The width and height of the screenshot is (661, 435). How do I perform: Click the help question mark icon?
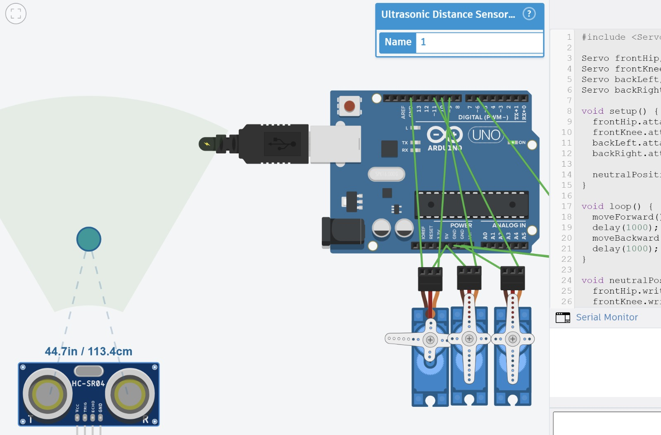click(x=529, y=14)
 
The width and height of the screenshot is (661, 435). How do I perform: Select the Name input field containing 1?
click(x=479, y=42)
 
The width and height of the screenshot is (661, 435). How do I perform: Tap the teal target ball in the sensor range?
click(x=89, y=239)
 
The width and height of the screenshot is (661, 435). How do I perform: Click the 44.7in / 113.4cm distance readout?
click(x=88, y=351)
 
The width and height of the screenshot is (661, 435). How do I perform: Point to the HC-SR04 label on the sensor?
click(x=88, y=384)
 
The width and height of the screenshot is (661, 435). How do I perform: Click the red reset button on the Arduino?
click(x=350, y=106)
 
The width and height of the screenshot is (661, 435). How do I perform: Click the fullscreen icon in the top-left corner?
click(x=16, y=14)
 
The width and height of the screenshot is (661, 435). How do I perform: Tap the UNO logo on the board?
click(x=486, y=135)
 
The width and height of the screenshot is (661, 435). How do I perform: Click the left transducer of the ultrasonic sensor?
click(x=48, y=394)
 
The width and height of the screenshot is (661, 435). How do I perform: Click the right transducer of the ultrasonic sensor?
click(x=130, y=394)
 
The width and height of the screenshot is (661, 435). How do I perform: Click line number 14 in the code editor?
click(x=566, y=174)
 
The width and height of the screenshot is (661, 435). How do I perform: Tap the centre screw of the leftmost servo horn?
click(x=430, y=340)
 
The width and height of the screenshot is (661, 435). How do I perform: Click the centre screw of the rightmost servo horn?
click(x=513, y=339)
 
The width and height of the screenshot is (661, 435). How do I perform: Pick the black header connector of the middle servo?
click(x=469, y=278)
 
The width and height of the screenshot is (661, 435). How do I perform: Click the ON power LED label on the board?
click(x=522, y=143)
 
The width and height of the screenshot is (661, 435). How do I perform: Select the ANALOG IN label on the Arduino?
click(x=509, y=225)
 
